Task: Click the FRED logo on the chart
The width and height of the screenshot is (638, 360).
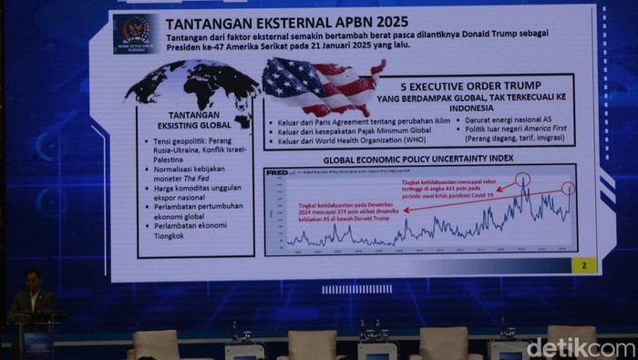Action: point(277,173)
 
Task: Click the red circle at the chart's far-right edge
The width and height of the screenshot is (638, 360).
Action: point(569,190)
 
